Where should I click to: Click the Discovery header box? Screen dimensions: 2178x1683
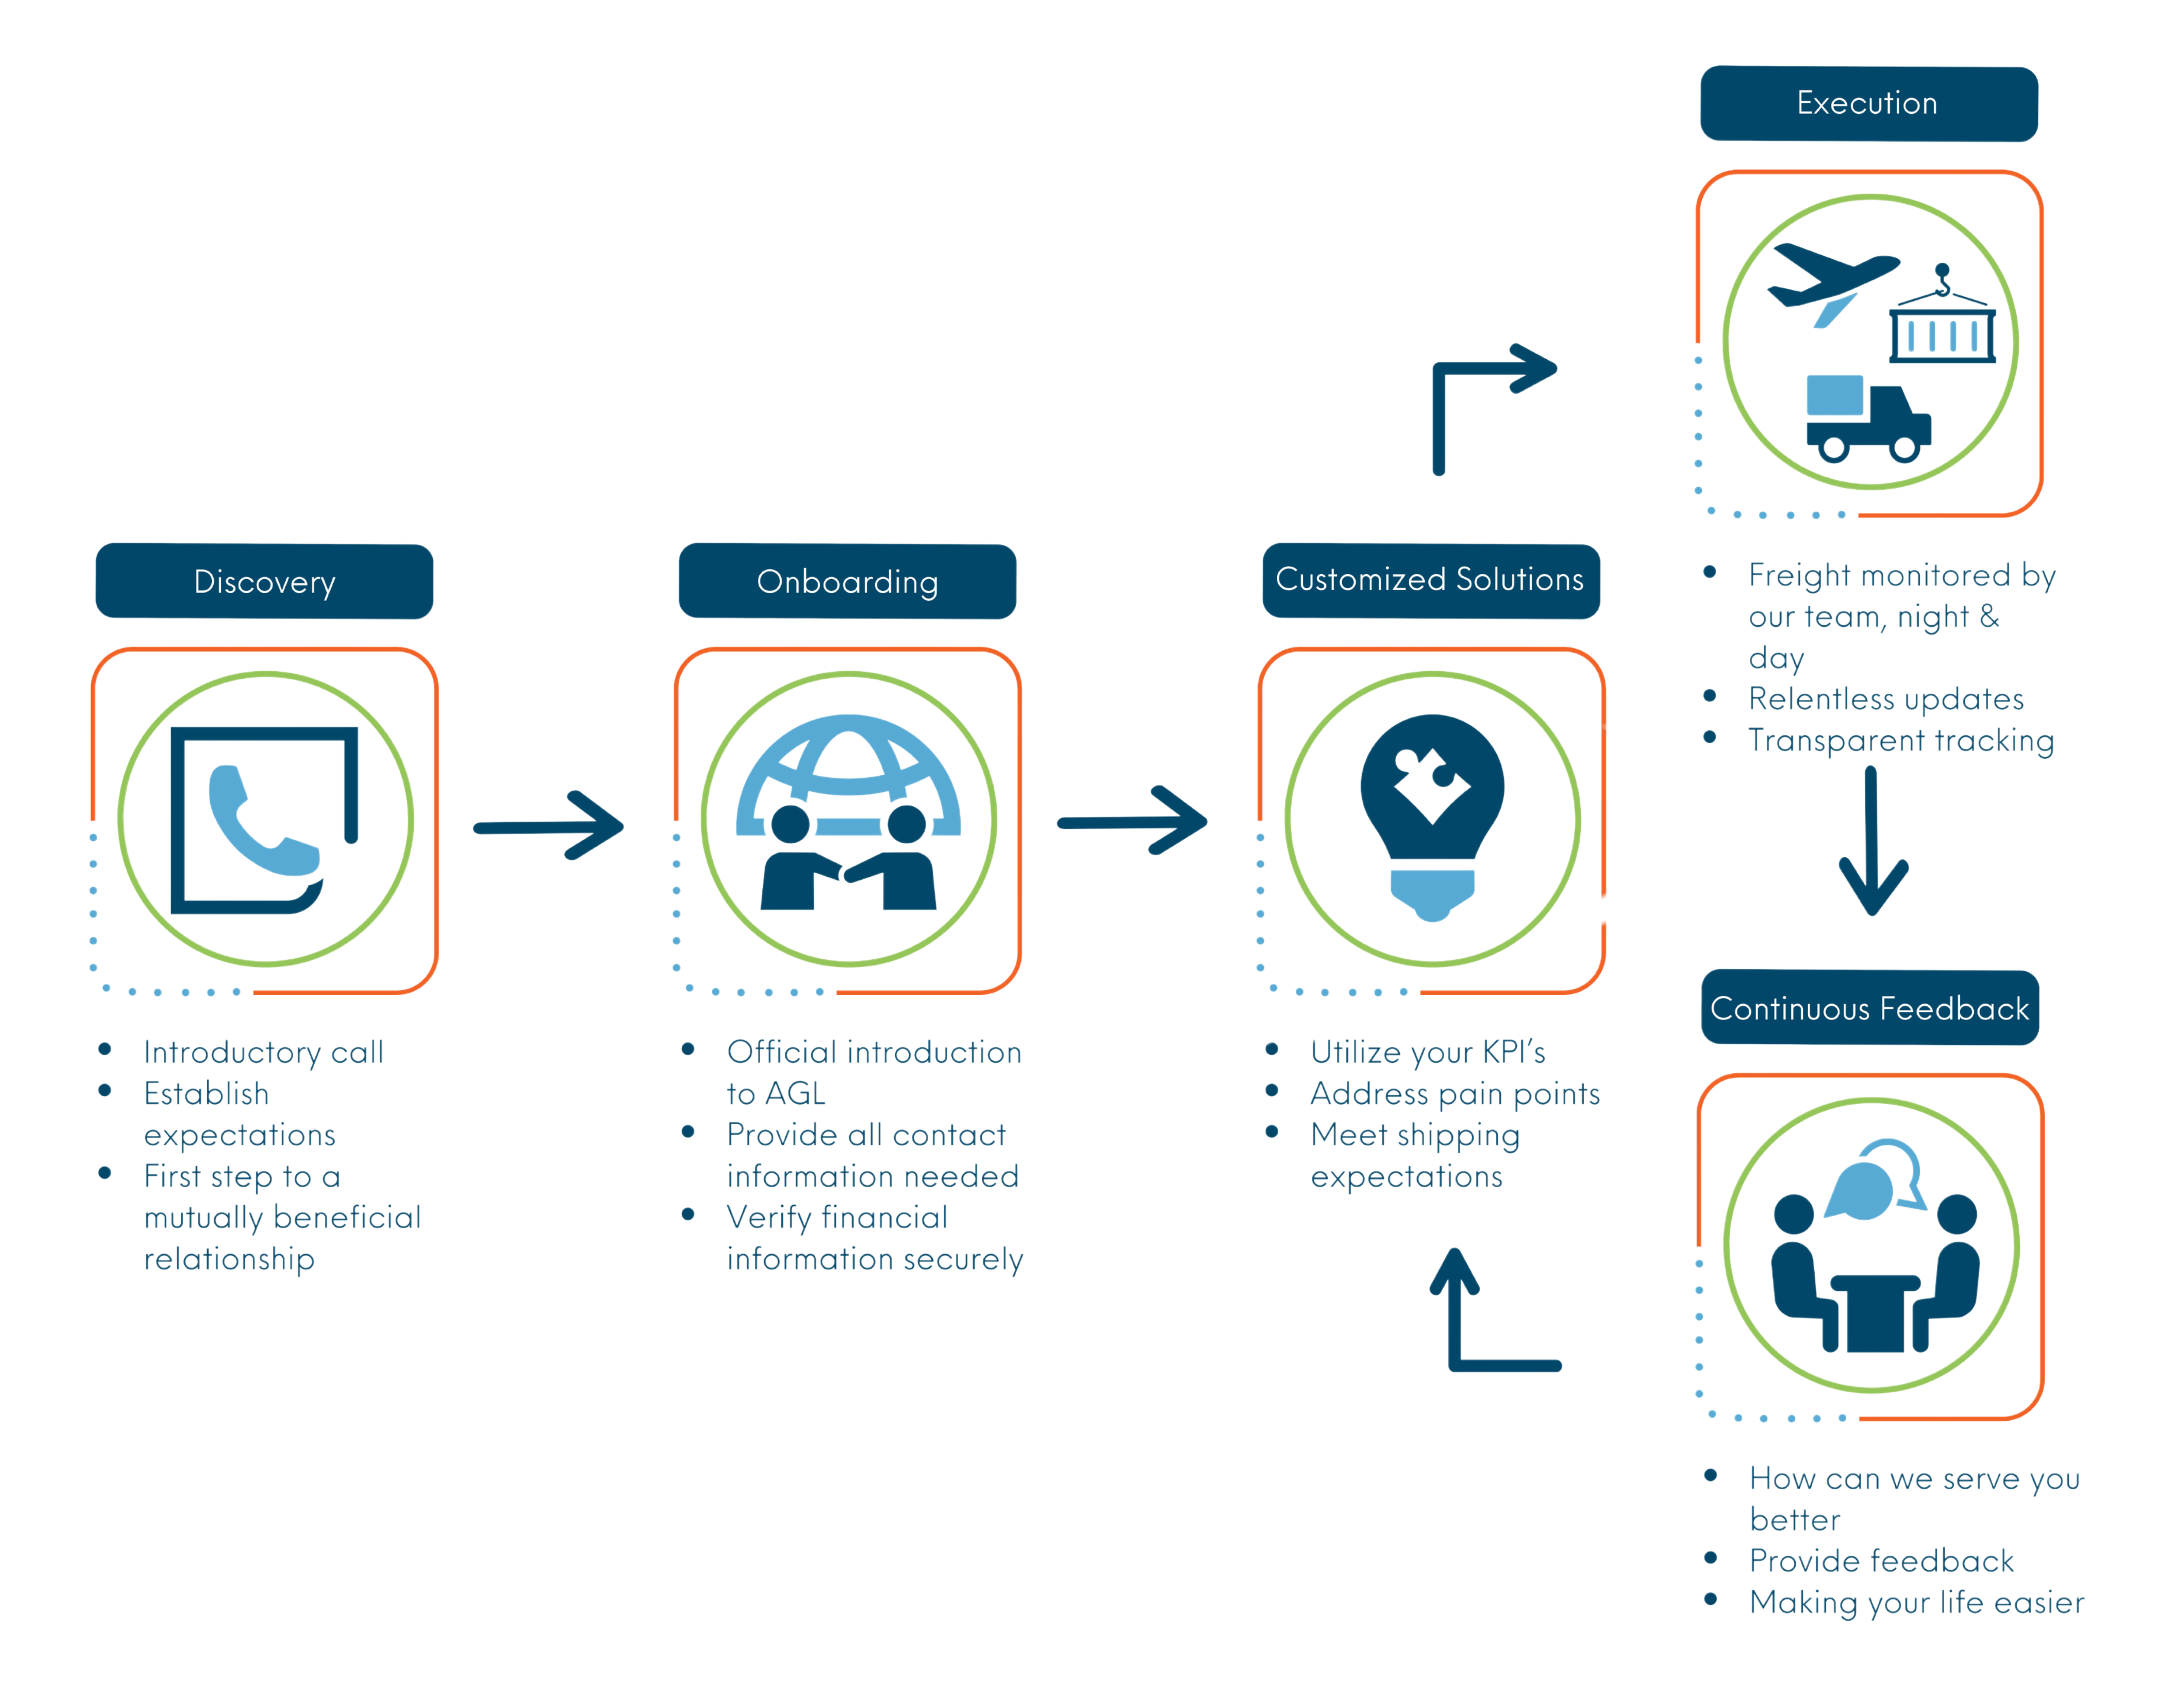pyautogui.click(x=264, y=581)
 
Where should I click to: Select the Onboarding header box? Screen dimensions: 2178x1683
pyautogui.click(x=848, y=581)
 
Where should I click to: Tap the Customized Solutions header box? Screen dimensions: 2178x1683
pyautogui.click(x=1431, y=581)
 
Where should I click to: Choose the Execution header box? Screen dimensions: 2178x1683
pyautogui.click(x=1869, y=104)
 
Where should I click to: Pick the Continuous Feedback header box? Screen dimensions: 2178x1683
pyautogui.click(x=1870, y=1007)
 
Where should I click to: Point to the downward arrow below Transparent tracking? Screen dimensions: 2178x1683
pyautogui.click(x=1872, y=841)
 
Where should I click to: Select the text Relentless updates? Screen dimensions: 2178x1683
pyautogui.click(x=1886, y=699)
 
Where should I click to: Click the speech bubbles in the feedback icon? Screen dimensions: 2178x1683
pyautogui.click(x=1875, y=1179)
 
